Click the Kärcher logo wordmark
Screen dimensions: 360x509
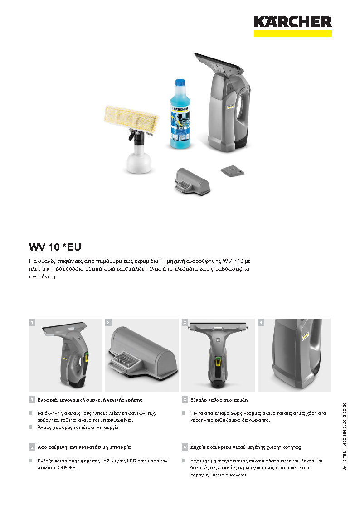(292, 22)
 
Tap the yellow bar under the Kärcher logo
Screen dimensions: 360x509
(292, 34)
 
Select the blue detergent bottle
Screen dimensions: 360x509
(180, 114)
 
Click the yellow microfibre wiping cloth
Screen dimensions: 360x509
(131, 119)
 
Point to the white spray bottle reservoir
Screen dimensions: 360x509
(139, 161)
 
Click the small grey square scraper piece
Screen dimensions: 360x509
(233, 171)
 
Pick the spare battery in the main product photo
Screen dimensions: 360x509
(193, 182)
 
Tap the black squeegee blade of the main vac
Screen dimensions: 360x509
(219, 63)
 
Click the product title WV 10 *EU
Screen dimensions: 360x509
(55, 247)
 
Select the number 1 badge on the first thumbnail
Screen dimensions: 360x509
(32, 322)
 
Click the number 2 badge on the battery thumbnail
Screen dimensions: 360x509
(108, 322)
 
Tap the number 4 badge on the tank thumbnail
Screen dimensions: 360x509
(261, 322)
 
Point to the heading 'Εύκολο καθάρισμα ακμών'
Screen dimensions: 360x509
(219, 400)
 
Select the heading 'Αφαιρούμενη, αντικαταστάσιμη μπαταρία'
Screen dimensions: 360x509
(84, 447)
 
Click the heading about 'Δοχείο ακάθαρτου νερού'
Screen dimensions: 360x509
(245, 447)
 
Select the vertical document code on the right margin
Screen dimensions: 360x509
(345, 436)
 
